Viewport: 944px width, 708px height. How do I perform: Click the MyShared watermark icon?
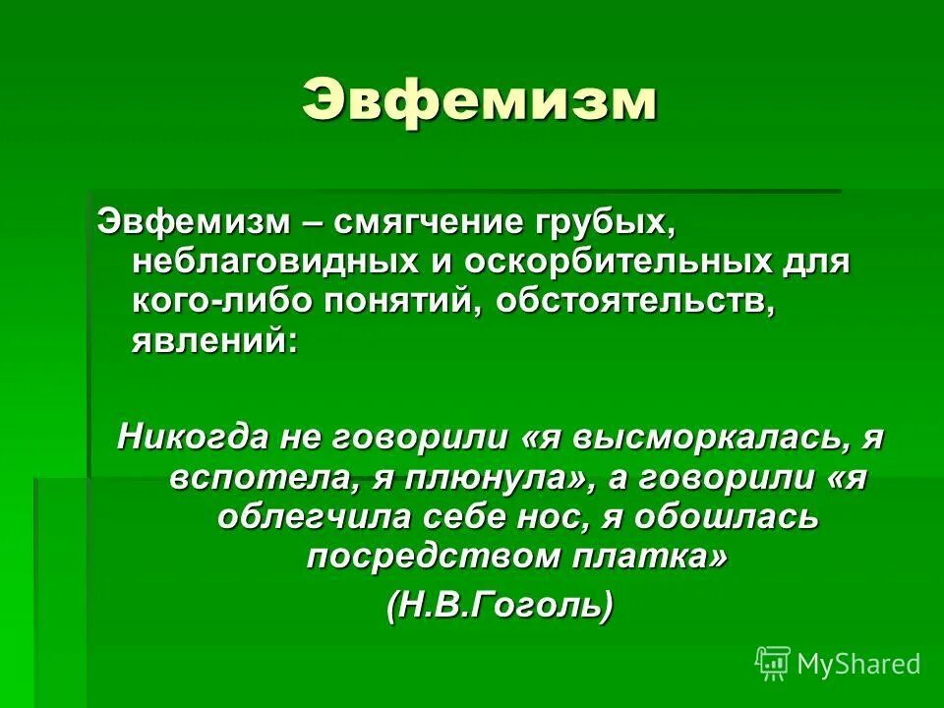click(x=772, y=663)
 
